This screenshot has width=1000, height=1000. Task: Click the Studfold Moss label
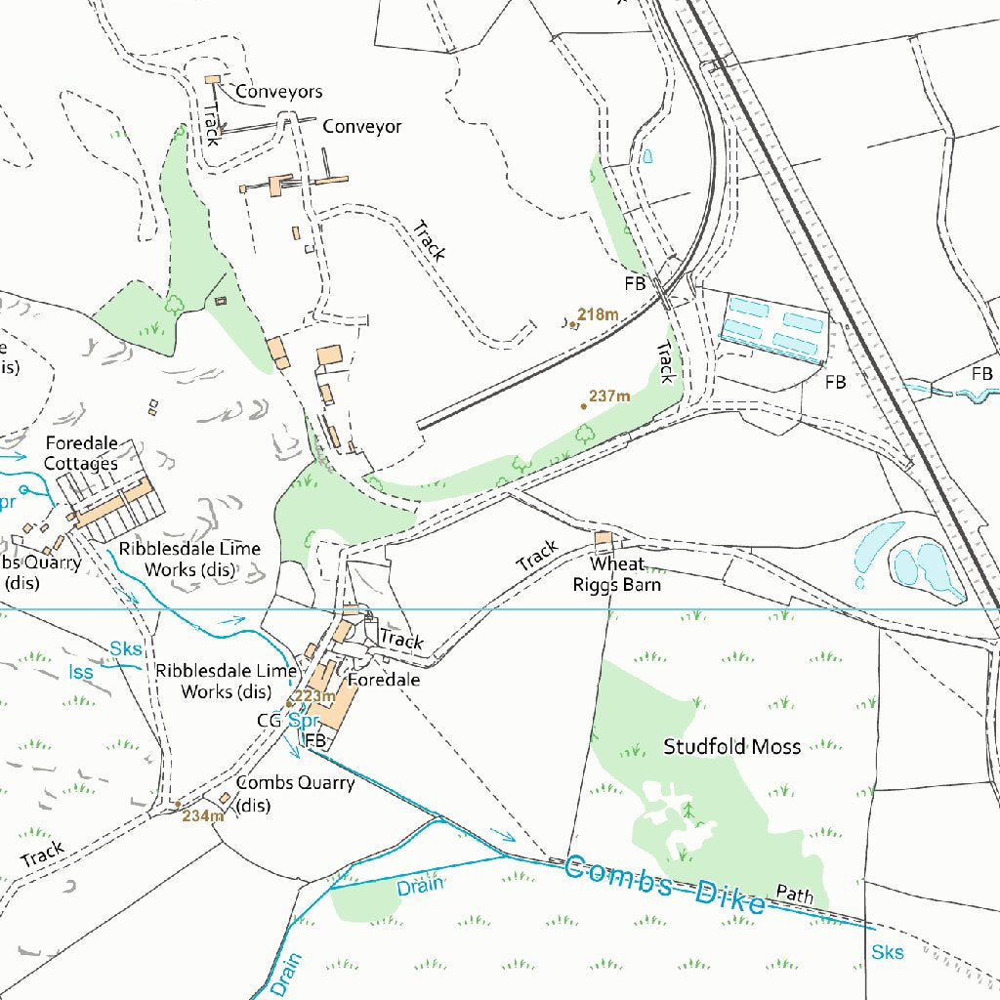[x=731, y=747]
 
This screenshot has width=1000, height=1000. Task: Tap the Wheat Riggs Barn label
[x=616, y=575]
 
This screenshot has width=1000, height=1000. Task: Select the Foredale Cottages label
[x=81, y=453]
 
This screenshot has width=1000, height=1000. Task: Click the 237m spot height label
[x=609, y=396]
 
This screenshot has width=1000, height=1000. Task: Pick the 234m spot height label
[x=203, y=815]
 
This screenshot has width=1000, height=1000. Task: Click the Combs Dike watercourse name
[x=664, y=885]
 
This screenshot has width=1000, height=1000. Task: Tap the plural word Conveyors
[x=278, y=92]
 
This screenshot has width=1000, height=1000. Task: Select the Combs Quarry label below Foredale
[x=295, y=794]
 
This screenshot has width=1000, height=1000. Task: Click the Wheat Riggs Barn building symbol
[x=604, y=539]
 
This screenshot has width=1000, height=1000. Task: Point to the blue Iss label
[x=81, y=672]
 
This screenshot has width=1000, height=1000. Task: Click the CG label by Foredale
[x=269, y=721]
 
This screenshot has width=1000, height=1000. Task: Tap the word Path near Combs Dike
[x=795, y=893]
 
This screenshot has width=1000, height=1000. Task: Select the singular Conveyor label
[x=361, y=127]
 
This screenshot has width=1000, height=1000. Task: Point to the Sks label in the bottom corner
[x=887, y=952]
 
